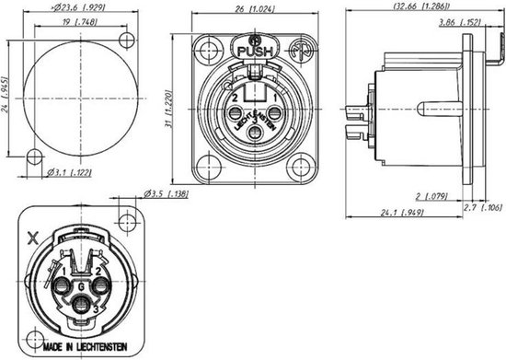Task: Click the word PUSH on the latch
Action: point(255,52)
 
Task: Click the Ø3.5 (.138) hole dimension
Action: point(167,194)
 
